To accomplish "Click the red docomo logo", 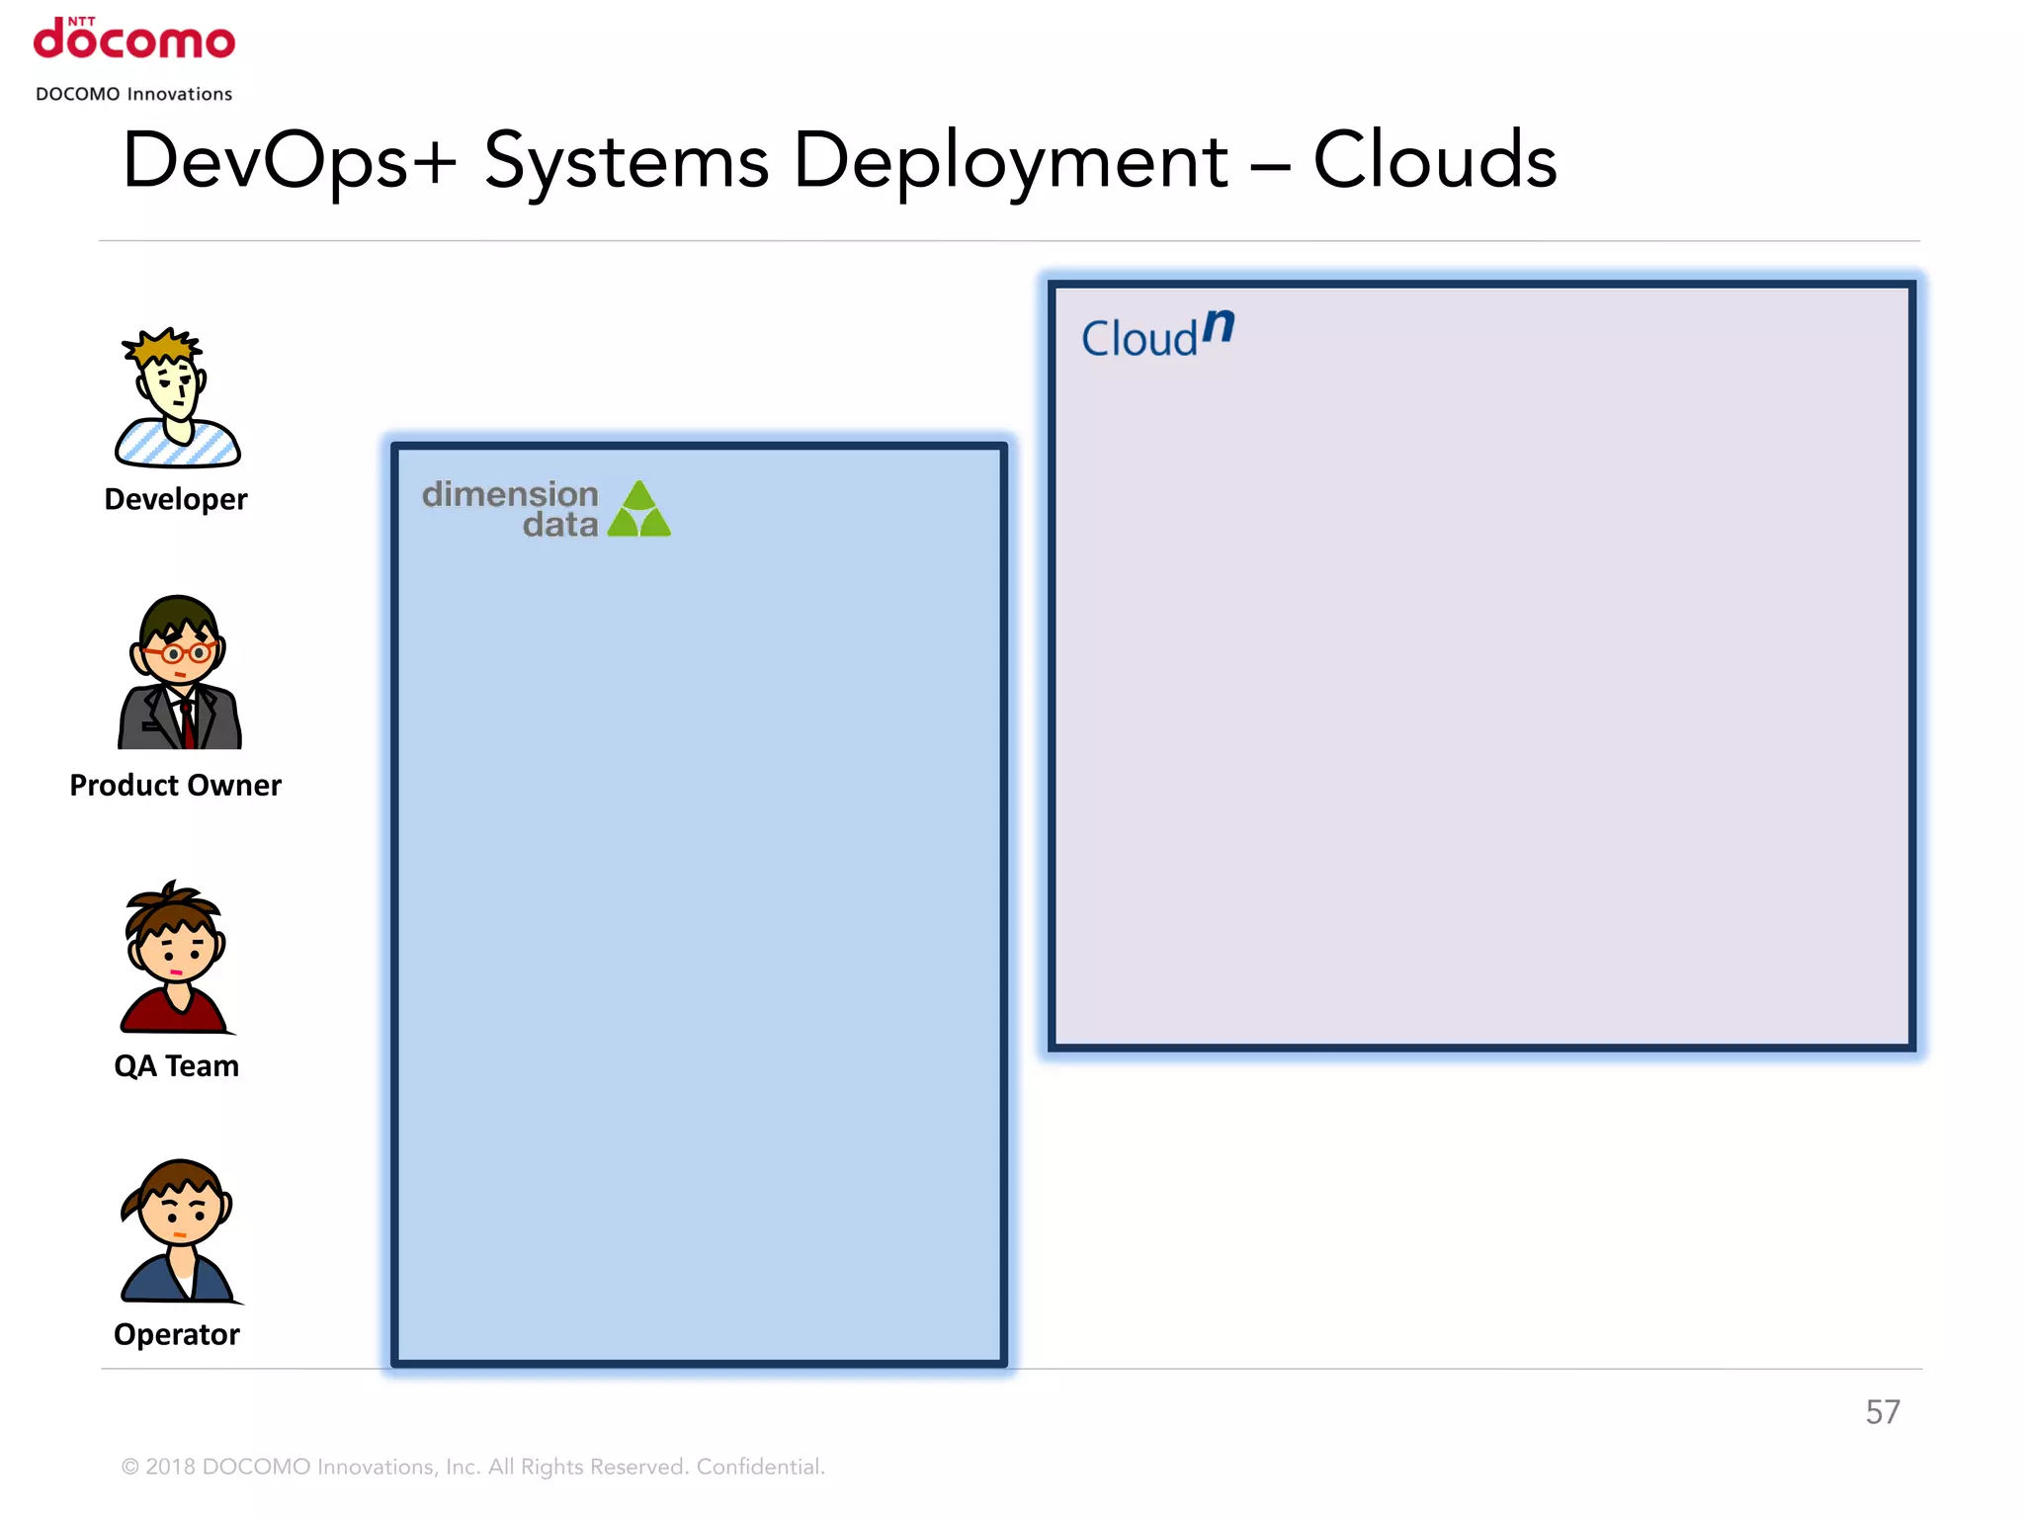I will (134, 40).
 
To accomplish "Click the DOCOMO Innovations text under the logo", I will (134, 94).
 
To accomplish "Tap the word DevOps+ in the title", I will (288, 161).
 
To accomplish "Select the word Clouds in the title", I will (1434, 160).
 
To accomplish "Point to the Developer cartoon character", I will (176, 400).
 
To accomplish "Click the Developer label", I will (176, 499).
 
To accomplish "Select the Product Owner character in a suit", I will (179, 674).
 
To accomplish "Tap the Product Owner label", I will (176, 785).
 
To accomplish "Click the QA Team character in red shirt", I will (176, 957).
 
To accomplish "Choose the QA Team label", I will (176, 1065).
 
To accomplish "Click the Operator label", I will (176, 1334).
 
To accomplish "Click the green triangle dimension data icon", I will (639, 510).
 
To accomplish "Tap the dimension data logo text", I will (511, 509).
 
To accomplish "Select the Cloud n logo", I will (1157, 335).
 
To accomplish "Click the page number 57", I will (1882, 1412).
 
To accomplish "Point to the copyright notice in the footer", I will (472, 1467).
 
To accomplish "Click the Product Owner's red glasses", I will (179, 652).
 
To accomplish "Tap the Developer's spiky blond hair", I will (164, 346).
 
